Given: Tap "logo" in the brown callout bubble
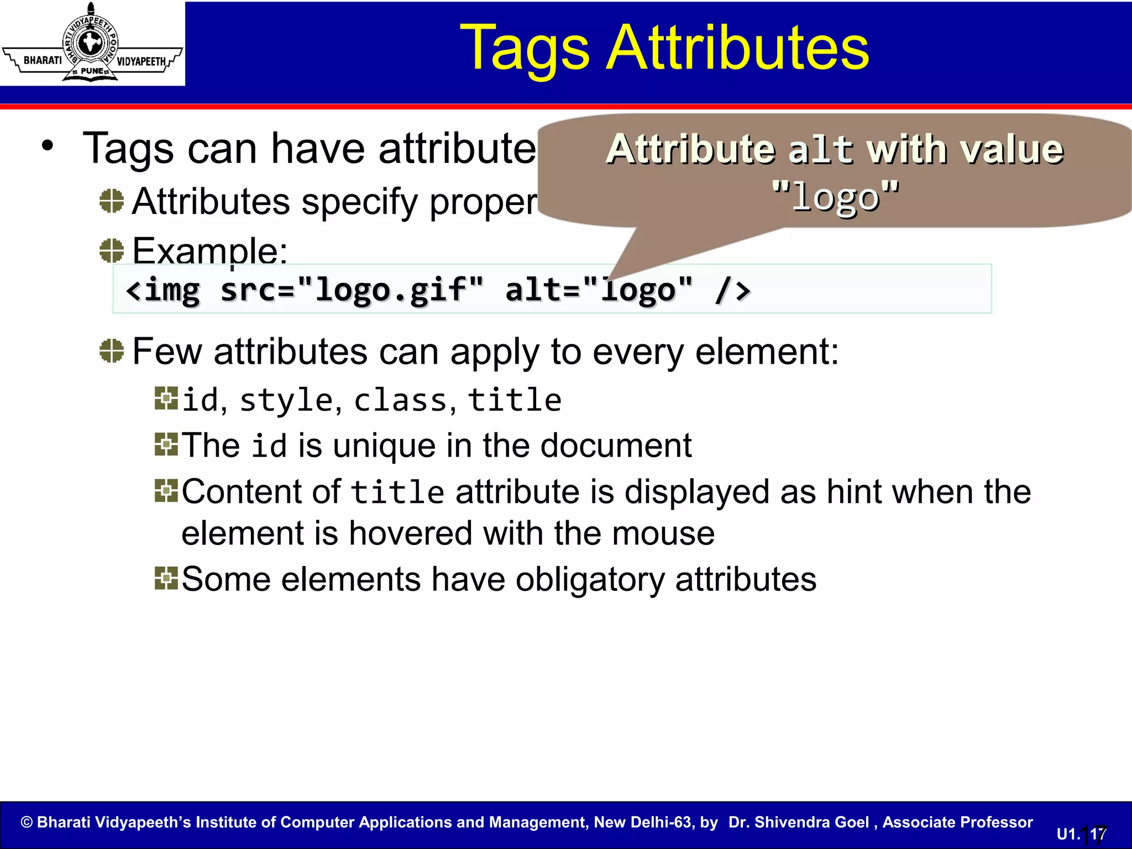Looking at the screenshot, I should pyautogui.click(x=835, y=196).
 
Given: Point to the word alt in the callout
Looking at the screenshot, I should pyautogui.click(x=821, y=150).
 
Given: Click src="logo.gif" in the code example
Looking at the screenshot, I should pyautogui.click(x=352, y=290).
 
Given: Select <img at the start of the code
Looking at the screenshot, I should pyautogui.click(x=163, y=290).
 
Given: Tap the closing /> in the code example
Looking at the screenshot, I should pyautogui.click(x=732, y=290).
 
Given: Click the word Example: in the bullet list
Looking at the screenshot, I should pyautogui.click(x=210, y=251).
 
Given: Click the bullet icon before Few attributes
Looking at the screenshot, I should pyautogui.click(x=112, y=350).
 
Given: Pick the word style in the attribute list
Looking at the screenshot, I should pyautogui.click(x=286, y=400).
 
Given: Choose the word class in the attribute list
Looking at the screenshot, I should pyautogui.click(x=400, y=400).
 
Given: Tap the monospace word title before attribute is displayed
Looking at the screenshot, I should pyautogui.click(x=397, y=492).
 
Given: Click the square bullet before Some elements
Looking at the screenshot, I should pyautogui.click(x=166, y=578).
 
